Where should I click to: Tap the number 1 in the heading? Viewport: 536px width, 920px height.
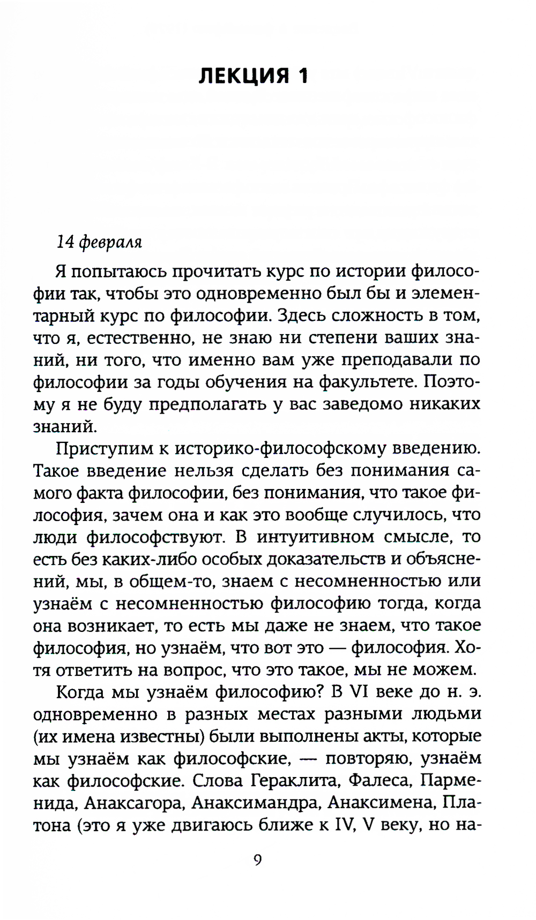click(303, 76)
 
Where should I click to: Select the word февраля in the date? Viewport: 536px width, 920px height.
click(110, 243)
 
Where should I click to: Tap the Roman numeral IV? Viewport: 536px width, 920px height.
click(344, 825)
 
